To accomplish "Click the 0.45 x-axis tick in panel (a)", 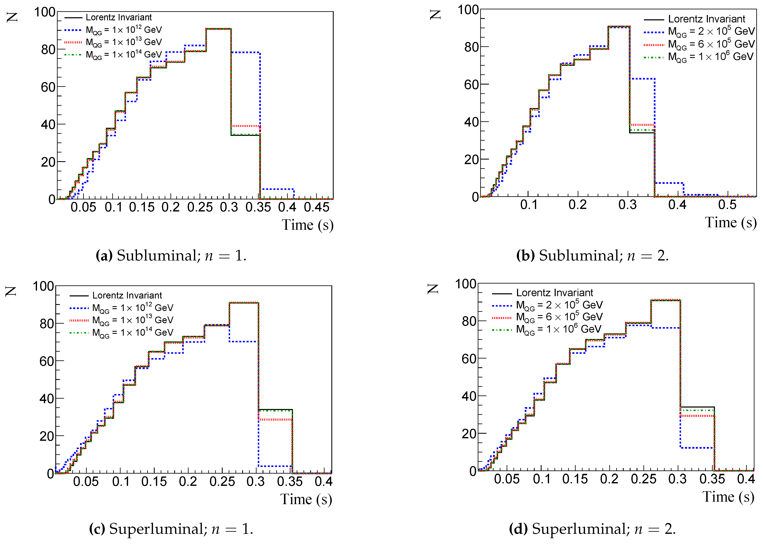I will click(x=316, y=207).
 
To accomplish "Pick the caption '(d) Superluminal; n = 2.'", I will click(x=592, y=529).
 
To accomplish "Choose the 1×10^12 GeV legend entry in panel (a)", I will click(x=123, y=30).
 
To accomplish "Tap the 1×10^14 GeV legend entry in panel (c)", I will click(x=132, y=332).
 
